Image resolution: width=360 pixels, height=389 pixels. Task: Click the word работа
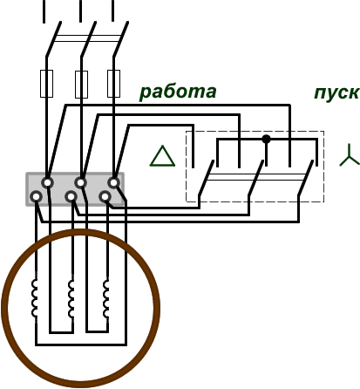[178, 92]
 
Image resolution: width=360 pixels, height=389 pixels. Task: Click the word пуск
[336, 93]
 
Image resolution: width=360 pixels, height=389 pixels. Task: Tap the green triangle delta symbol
[162, 156]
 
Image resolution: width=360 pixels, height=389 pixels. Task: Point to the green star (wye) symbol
[350, 155]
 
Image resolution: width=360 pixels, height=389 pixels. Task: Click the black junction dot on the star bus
[266, 140]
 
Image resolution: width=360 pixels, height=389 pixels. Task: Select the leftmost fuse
[46, 84]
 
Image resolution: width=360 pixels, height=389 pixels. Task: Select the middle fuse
[81, 85]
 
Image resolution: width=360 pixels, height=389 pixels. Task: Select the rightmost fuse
[113, 84]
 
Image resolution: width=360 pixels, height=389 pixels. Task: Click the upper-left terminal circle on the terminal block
[47, 183]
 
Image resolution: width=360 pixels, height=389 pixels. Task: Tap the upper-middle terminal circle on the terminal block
[80, 183]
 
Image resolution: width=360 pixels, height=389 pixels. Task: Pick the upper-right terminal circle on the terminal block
[113, 183]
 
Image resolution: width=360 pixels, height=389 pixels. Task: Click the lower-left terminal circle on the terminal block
[36, 197]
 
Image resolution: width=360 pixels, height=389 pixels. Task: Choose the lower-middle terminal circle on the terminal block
[71, 197]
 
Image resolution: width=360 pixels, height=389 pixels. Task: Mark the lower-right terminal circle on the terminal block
[105, 197]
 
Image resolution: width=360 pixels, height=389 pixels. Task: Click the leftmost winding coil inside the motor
[35, 298]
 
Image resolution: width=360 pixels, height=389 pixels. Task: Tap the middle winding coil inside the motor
[71, 298]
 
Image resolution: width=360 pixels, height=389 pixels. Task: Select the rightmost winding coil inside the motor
[106, 298]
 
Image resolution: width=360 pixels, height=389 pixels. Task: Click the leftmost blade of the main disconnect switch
[53, 39]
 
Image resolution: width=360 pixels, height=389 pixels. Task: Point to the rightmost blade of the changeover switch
[305, 178]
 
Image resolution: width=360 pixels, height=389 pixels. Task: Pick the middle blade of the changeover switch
[256, 178]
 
